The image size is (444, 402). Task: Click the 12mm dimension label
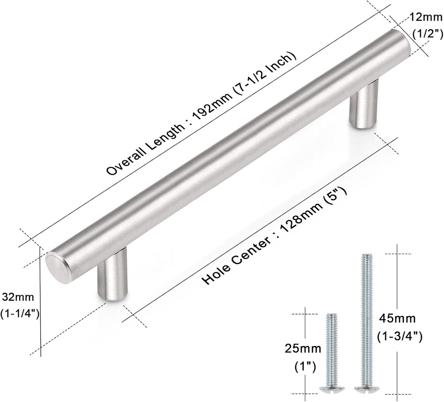coord(426,17)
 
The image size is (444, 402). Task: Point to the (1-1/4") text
coord(20,314)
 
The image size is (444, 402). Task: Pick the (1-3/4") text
coord(400,336)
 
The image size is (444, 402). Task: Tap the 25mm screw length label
coord(303,349)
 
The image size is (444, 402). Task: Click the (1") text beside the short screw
coord(305,367)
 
